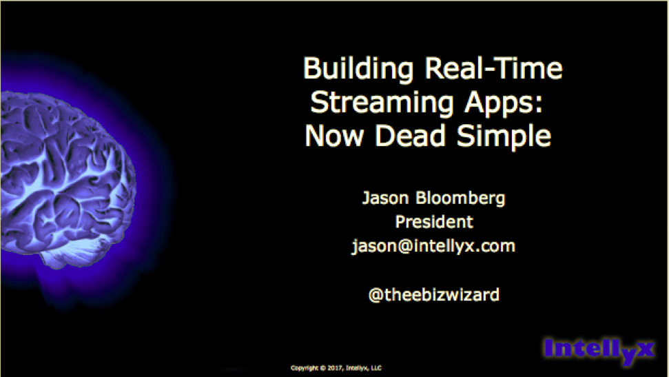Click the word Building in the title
click(358, 69)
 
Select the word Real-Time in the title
click(493, 68)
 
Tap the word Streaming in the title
click(382, 103)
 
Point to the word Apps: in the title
click(504, 103)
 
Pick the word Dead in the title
click(410, 135)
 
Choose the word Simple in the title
click(504, 136)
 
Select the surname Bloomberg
click(460, 198)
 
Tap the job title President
click(434, 222)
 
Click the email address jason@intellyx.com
click(433, 246)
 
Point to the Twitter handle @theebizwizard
click(434, 294)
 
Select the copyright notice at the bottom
click(336, 367)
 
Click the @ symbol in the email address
click(405, 247)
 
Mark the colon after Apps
click(539, 104)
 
